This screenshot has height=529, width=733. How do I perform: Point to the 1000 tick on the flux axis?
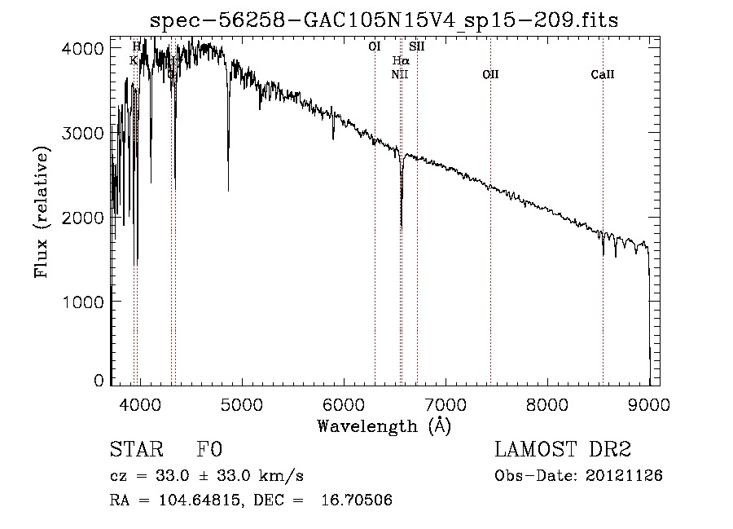(85, 302)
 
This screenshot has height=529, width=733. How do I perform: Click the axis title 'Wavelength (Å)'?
(384, 425)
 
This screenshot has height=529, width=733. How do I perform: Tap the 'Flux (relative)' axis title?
(42, 211)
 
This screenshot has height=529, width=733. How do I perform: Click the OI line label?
(375, 47)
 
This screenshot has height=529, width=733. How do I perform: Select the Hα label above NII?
(401, 61)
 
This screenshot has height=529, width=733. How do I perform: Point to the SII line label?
(417, 47)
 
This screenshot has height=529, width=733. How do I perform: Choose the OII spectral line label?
(490, 75)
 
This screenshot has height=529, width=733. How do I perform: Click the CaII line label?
(603, 75)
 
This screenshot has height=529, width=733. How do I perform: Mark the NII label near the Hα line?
(399, 75)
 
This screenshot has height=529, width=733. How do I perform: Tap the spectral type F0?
(209, 451)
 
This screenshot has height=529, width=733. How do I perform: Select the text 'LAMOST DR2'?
(563, 451)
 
